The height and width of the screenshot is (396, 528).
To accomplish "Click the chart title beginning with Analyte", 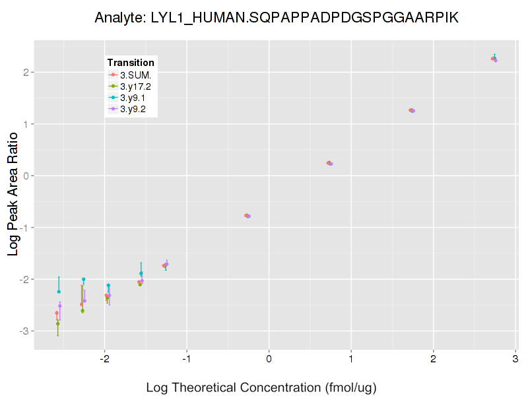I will pos(277,18).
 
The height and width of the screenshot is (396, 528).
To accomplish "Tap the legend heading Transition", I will pos(131,62).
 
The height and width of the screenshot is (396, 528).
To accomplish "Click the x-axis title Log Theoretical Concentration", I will pos(261,387).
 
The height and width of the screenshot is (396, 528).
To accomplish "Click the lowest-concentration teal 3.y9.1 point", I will pos(59,291).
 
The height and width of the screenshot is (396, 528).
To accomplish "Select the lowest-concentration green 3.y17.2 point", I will pos(58,323).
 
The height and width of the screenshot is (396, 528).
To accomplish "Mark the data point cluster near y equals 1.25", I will pos(411,110).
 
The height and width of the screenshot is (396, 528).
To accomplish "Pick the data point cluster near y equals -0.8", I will pos(247,216).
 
